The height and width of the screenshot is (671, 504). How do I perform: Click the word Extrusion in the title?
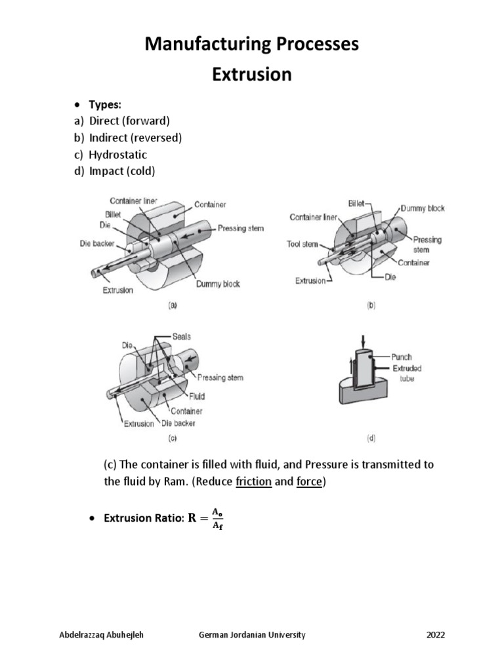(x=251, y=74)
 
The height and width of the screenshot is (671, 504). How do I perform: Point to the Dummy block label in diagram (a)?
(x=218, y=284)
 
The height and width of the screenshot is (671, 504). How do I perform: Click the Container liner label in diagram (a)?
(x=133, y=201)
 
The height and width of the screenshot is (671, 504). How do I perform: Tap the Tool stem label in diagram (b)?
(x=303, y=244)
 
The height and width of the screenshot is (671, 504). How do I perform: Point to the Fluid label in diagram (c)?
(x=197, y=396)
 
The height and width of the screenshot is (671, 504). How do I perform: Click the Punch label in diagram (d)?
(x=402, y=357)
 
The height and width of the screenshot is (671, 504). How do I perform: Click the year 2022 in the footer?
(x=436, y=635)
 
